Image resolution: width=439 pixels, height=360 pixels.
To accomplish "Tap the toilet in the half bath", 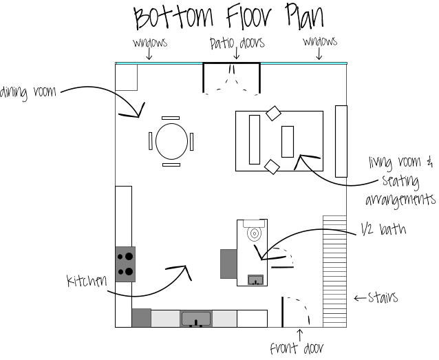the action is pyautogui.click(x=254, y=231).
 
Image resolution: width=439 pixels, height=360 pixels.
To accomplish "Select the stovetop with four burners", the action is pyautogui.click(x=125, y=264).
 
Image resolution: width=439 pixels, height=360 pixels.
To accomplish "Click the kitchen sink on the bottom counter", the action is pyautogui.click(x=196, y=319).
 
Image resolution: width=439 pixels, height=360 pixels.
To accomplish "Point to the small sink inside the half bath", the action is pyautogui.click(x=255, y=280).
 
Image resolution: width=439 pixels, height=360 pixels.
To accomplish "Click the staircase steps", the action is pyautogui.click(x=335, y=271).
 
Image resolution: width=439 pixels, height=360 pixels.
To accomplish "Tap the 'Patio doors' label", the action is pyautogui.click(x=237, y=43).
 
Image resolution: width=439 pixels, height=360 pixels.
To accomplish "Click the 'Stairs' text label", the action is pyautogui.click(x=383, y=297).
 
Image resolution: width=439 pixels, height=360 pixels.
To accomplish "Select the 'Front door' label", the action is pyautogui.click(x=297, y=348).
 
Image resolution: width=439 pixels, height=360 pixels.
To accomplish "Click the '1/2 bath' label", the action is pyautogui.click(x=383, y=229).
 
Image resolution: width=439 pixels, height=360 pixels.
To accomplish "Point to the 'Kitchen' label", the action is pyautogui.click(x=87, y=280).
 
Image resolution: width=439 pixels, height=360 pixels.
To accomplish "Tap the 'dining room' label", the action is pyautogui.click(x=28, y=92).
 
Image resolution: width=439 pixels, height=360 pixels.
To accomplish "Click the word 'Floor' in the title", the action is pyautogui.click(x=248, y=16).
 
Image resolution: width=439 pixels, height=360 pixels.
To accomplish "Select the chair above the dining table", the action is pyautogui.click(x=171, y=118).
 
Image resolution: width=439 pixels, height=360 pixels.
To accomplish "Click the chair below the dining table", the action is pyautogui.click(x=171, y=165).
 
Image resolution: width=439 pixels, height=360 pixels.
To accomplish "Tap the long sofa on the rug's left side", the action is pyautogui.click(x=255, y=140).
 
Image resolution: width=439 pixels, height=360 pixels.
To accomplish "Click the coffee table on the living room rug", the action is pyautogui.click(x=288, y=142).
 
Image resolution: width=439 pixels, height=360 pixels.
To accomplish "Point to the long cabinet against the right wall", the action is pyautogui.click(x=341, y=141).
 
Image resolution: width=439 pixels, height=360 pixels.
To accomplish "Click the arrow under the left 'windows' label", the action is pyautogui.click(x=149, y=54).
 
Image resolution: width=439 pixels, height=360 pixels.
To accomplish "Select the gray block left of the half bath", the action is pyautogui.click(x=228, y=264).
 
